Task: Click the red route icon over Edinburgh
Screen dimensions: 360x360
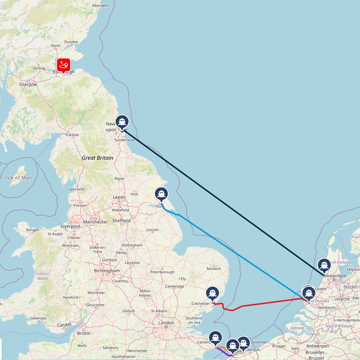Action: point(63,65)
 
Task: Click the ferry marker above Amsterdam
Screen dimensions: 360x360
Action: point(324,265)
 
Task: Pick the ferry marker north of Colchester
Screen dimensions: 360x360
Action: point(212,294)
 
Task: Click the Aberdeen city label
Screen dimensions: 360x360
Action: point(100,6)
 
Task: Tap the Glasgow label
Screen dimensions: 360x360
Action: point(28,84)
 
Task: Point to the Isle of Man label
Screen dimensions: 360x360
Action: point(18,178)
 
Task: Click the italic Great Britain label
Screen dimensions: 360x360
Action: point(98,158)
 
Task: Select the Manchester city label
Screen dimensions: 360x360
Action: point(95,222)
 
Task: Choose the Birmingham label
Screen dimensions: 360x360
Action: point(107,271)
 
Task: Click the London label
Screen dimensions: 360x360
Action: point(166,323)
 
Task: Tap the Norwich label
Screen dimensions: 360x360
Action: point(214,268)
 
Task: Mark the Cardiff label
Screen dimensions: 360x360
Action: point(64,325)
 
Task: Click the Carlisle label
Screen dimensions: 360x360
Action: point(72,135)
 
